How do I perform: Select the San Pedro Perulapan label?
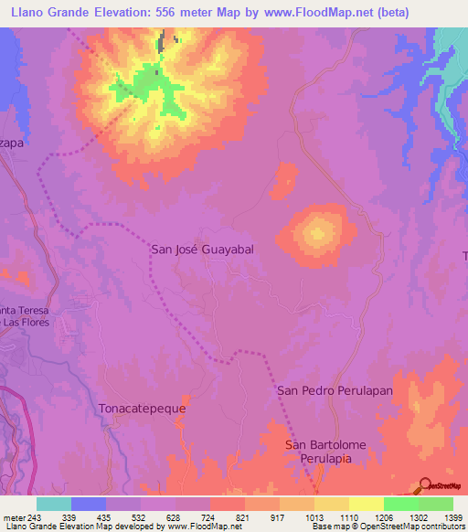coord(335,390)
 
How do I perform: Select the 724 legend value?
coord(194,516)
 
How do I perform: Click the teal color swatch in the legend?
coord(54,504)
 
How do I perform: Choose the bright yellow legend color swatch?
coord(367,504)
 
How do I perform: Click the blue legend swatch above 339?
coord(89,504)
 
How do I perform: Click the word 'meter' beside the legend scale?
coord(14,516)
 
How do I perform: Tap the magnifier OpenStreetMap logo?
coord(427,484)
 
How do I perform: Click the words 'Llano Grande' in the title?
coord(47,12)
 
